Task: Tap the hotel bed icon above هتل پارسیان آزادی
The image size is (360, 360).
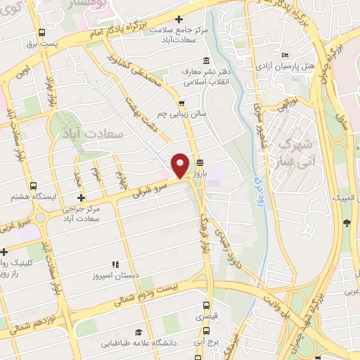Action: coord(284,55)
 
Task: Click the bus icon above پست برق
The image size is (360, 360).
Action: coord(42,32)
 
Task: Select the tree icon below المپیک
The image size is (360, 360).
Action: coord(347,223)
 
